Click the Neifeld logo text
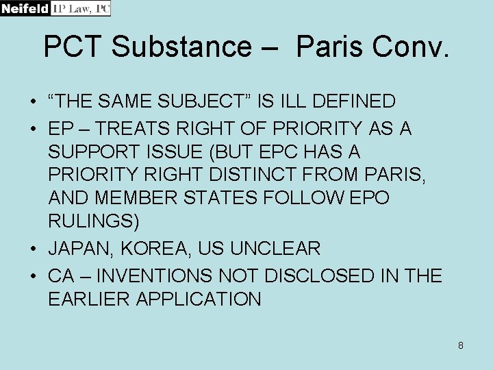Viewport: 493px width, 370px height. (x=25, y=8)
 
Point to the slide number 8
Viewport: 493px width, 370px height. (x=461, y=345)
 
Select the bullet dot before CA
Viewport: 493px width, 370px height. (x=33, y=276)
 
